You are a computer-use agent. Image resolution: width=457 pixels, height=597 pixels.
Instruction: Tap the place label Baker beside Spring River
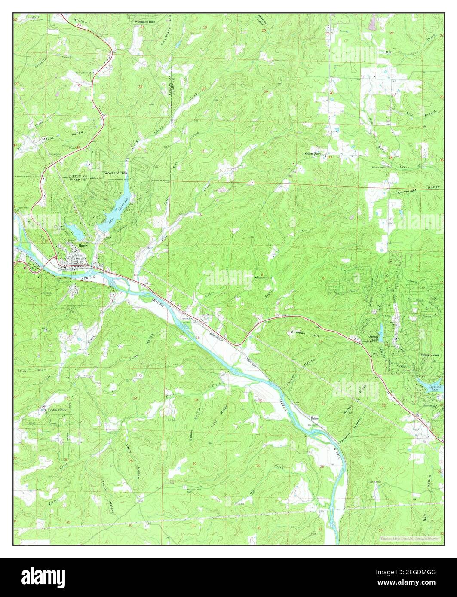315,418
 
